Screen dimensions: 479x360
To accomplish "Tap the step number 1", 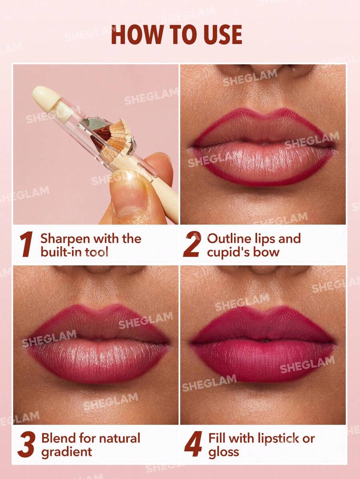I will (x=27, y=245).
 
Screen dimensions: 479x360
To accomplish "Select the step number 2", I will (x=192, y=245).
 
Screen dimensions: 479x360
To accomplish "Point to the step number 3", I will (x=27, y=445).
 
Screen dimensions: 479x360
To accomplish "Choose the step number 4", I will (x=193, y=445).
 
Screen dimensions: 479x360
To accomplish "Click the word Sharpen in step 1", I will (x=65, y=239).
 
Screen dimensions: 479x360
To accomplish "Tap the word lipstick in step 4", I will (x=279, y=438).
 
